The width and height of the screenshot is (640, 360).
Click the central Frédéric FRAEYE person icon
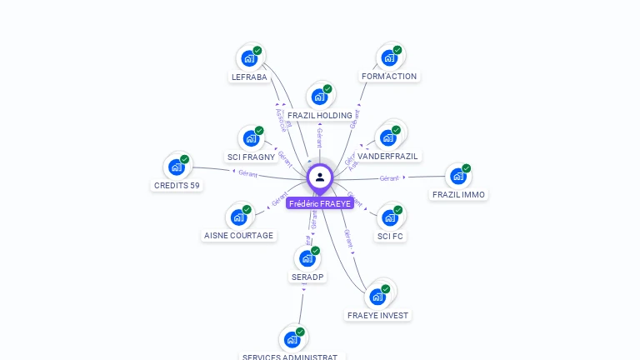pos(320,177)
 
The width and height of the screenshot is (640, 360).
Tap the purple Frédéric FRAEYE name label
pos(320,203)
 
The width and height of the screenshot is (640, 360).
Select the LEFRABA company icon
pos(248,58)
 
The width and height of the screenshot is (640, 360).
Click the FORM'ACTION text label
pos(389,77)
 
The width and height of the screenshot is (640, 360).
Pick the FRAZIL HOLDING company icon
pos(318,97)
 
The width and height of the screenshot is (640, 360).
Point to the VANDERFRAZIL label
pos(388,156)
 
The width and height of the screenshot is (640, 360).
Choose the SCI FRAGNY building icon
pos(249,139)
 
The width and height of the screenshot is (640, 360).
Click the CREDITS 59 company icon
pos(176,167)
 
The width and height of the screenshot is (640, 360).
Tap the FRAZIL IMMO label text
pos(458,195)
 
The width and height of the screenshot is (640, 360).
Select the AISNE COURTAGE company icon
pos(238,217)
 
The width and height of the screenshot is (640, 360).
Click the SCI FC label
pos(390,236)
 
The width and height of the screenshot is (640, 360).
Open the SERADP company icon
pos(307,258)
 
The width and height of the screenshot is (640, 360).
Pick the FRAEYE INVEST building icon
pos(378,297)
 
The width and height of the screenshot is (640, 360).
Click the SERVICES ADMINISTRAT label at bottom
pos(290,357)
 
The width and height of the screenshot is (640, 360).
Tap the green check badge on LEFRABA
pos(257,51)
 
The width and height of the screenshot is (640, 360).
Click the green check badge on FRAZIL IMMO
pos(467,168)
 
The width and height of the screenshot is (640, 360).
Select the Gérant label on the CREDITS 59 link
pos(247,173)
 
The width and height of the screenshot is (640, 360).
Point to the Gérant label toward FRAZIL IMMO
pos(389,177)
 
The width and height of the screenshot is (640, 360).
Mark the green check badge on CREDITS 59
pos(185,159)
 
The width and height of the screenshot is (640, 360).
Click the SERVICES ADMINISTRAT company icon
pos(292,339)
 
